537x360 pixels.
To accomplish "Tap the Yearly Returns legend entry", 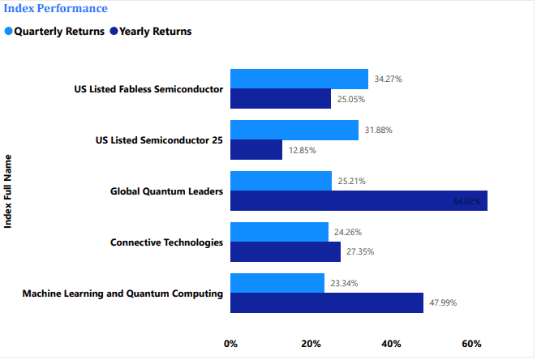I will click(x=155, y=32).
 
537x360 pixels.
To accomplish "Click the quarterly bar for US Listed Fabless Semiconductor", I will click(x=299, y=79).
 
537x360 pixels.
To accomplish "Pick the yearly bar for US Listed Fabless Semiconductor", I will click(x=281, y=99).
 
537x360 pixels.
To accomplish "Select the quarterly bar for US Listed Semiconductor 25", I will click(x=294, y=130).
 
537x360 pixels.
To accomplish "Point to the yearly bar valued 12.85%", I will click(x=256, y=150).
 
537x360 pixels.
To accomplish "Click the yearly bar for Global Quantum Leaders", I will click(x=359, y=201).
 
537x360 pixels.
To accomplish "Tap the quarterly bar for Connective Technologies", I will click(x=279, y=232).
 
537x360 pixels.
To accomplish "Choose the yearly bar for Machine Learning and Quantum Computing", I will click(x=327, y=303).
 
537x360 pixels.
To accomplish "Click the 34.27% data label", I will click(x=389, y=79).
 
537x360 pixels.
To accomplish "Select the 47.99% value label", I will click(x=443, y=303).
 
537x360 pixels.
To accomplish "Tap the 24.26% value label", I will click(x=348, y=232).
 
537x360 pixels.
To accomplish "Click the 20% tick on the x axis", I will click(x=311, y=344).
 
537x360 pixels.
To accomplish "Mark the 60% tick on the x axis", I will click(x=472, y=344).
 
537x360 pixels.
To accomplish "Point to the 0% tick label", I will click(x=231, y=344).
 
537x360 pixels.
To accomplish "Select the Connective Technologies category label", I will click(x=166, y=242).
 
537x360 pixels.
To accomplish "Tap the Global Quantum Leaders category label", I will click(x=166, y=191).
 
